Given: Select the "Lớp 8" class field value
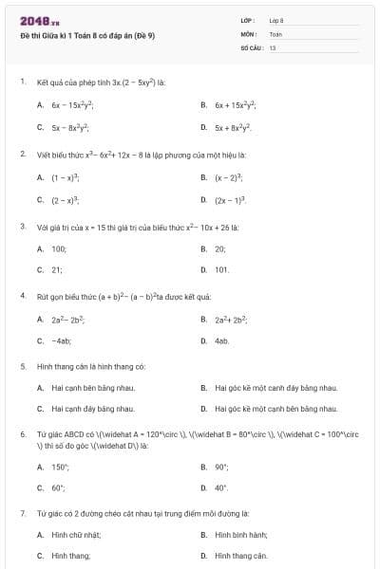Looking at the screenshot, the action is [x=276, y=19].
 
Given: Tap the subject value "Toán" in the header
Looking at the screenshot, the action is [x=275, y=33].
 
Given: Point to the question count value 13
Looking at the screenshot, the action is [x=273, y=46].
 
